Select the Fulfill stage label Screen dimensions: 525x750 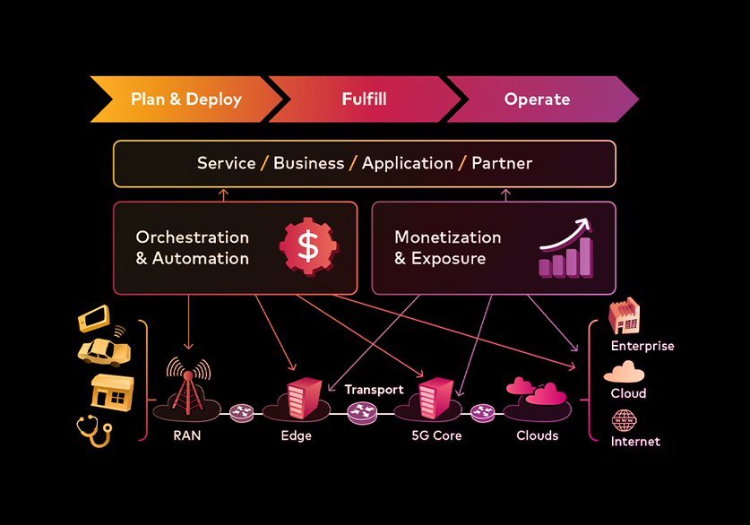click(x=364, y=99)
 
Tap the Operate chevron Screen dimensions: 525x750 click(x=537, y=99)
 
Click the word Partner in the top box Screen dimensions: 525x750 click(x=502, y=163)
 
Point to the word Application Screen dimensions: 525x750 click(x=408, y=163)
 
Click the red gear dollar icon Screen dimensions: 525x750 click(x=307, y=247)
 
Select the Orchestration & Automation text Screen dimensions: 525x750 click(x=192, y=248)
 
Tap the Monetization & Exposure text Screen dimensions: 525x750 click(x=448, y=248)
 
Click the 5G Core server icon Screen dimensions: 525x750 click(x=435, y=398)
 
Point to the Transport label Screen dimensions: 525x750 click(x=374, y=390)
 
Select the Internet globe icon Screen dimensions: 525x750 click(x=624, y=418)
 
